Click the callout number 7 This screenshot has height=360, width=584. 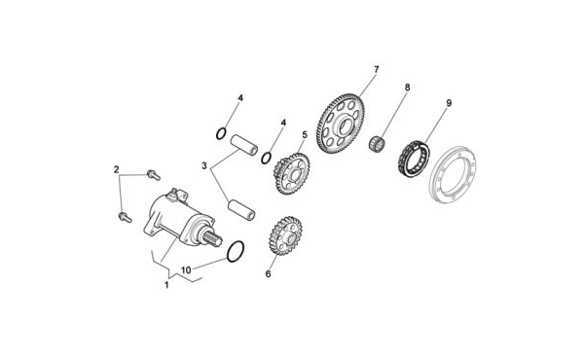click(376, 70)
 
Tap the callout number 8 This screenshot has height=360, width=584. click(407, 88)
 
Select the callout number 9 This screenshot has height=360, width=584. click(449, 103)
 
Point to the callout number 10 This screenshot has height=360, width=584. click(186, 270)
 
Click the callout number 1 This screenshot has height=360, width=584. click(166, 285)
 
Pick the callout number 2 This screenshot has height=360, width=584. click(116, 169)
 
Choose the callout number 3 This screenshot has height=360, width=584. click(204, 165)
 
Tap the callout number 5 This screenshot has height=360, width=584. click(305, 135)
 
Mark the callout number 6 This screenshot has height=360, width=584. click(269, 274)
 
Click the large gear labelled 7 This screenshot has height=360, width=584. click(341, 124)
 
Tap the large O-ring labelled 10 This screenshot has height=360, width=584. click(236, 251)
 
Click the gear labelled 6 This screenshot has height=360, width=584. click(285, 236)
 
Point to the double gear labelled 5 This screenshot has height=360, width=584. click(292, 173)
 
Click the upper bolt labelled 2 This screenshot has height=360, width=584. click(154, 174)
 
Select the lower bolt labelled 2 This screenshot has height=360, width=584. click(125, 217)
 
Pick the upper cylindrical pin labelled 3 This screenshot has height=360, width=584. click(244, 145)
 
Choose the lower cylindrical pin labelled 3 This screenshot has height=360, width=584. click(241, 210)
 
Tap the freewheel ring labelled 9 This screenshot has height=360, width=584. click(413, 159)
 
